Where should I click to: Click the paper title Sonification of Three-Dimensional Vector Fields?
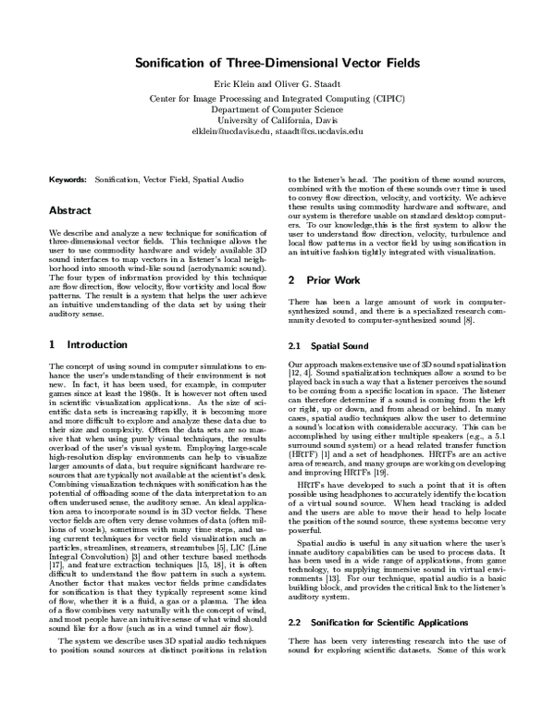[x=277, y=63]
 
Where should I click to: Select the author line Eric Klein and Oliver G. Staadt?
[x=277, y=84]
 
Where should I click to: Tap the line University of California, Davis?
[x=277, y=120]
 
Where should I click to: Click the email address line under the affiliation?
[x=277, y=131]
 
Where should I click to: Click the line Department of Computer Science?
[x=277, y=108]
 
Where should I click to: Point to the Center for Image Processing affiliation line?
[x=277, y=97]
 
